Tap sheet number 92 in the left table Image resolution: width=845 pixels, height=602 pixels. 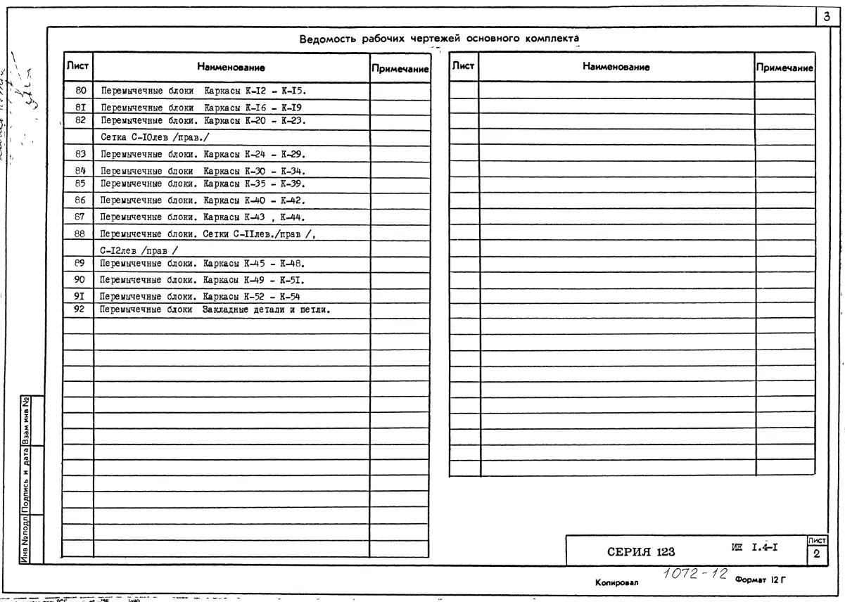tap(79, 309)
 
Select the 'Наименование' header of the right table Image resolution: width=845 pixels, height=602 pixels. tap(616, 67)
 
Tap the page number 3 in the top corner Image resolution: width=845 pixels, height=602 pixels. tap(834, 14)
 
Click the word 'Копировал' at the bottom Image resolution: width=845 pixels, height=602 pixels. tap(616, 584)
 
